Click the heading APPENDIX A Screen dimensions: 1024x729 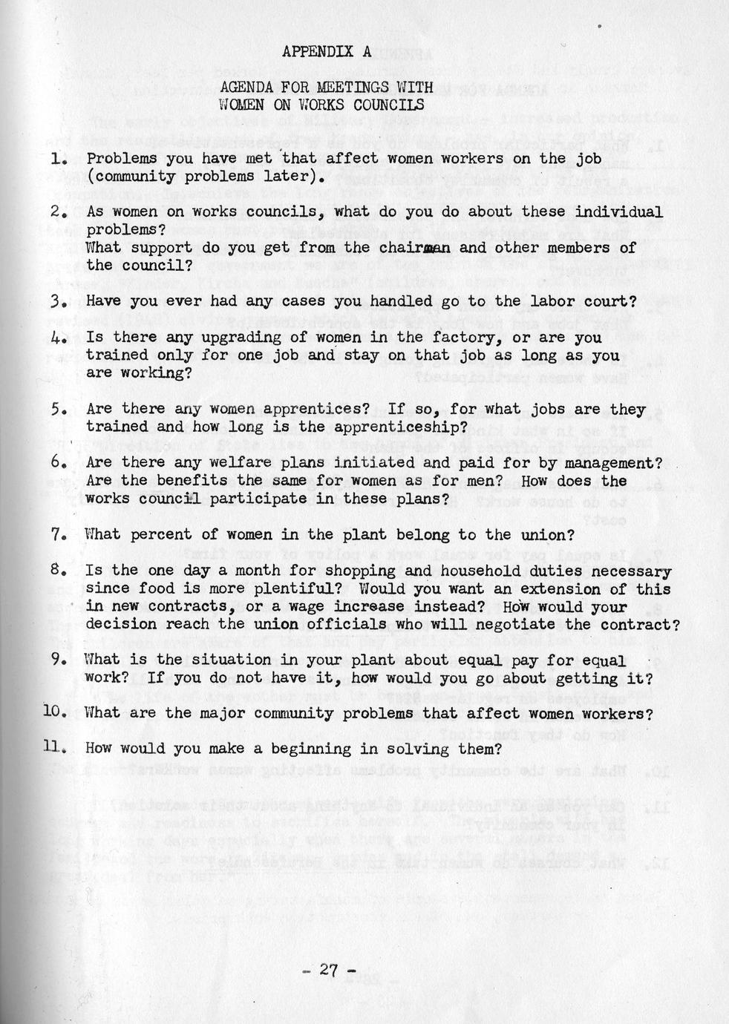(326, 51)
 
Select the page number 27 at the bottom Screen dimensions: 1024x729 (329, 970)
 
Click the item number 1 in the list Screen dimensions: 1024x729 (58, 159)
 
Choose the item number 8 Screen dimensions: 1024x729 (59, 571)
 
